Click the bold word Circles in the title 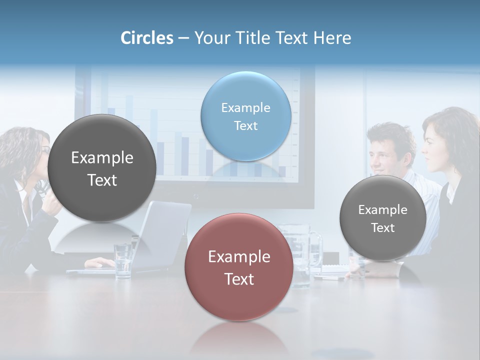[146, 38]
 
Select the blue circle [245, 116]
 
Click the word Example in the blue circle [245, 107]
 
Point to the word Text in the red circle [239, 279]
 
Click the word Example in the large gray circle [102, 158]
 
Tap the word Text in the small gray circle [382, 228]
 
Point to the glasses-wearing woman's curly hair [20, 150]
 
